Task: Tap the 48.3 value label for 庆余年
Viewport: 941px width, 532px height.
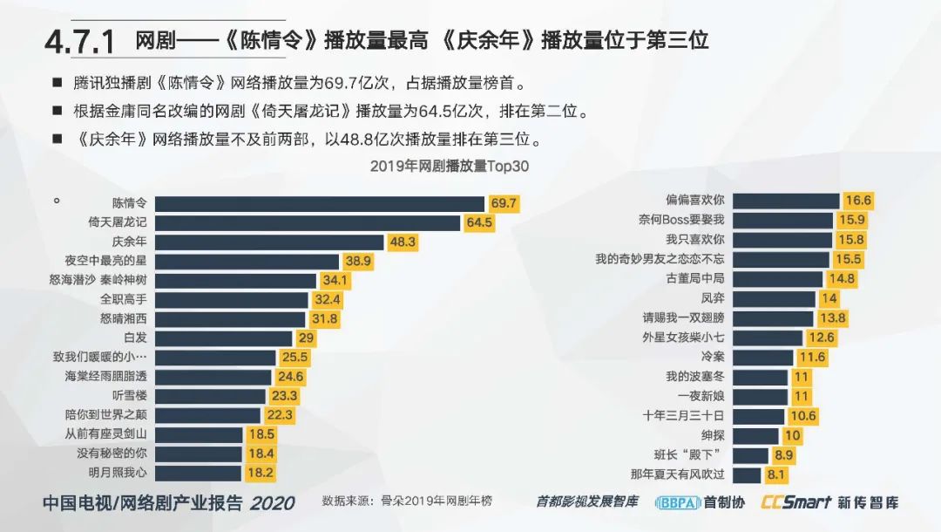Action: point(403,242)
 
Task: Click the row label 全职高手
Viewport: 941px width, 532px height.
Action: point(124,299)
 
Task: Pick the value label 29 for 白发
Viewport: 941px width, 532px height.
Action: point(305,338)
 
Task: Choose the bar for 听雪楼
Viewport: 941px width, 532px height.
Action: point(210,395)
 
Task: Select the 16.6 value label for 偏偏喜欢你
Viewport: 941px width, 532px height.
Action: point(858,201)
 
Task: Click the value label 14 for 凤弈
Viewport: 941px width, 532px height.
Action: point(829,298)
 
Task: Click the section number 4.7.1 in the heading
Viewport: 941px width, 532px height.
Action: point(81,41)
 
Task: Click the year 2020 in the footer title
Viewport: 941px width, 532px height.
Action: point(272,502)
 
